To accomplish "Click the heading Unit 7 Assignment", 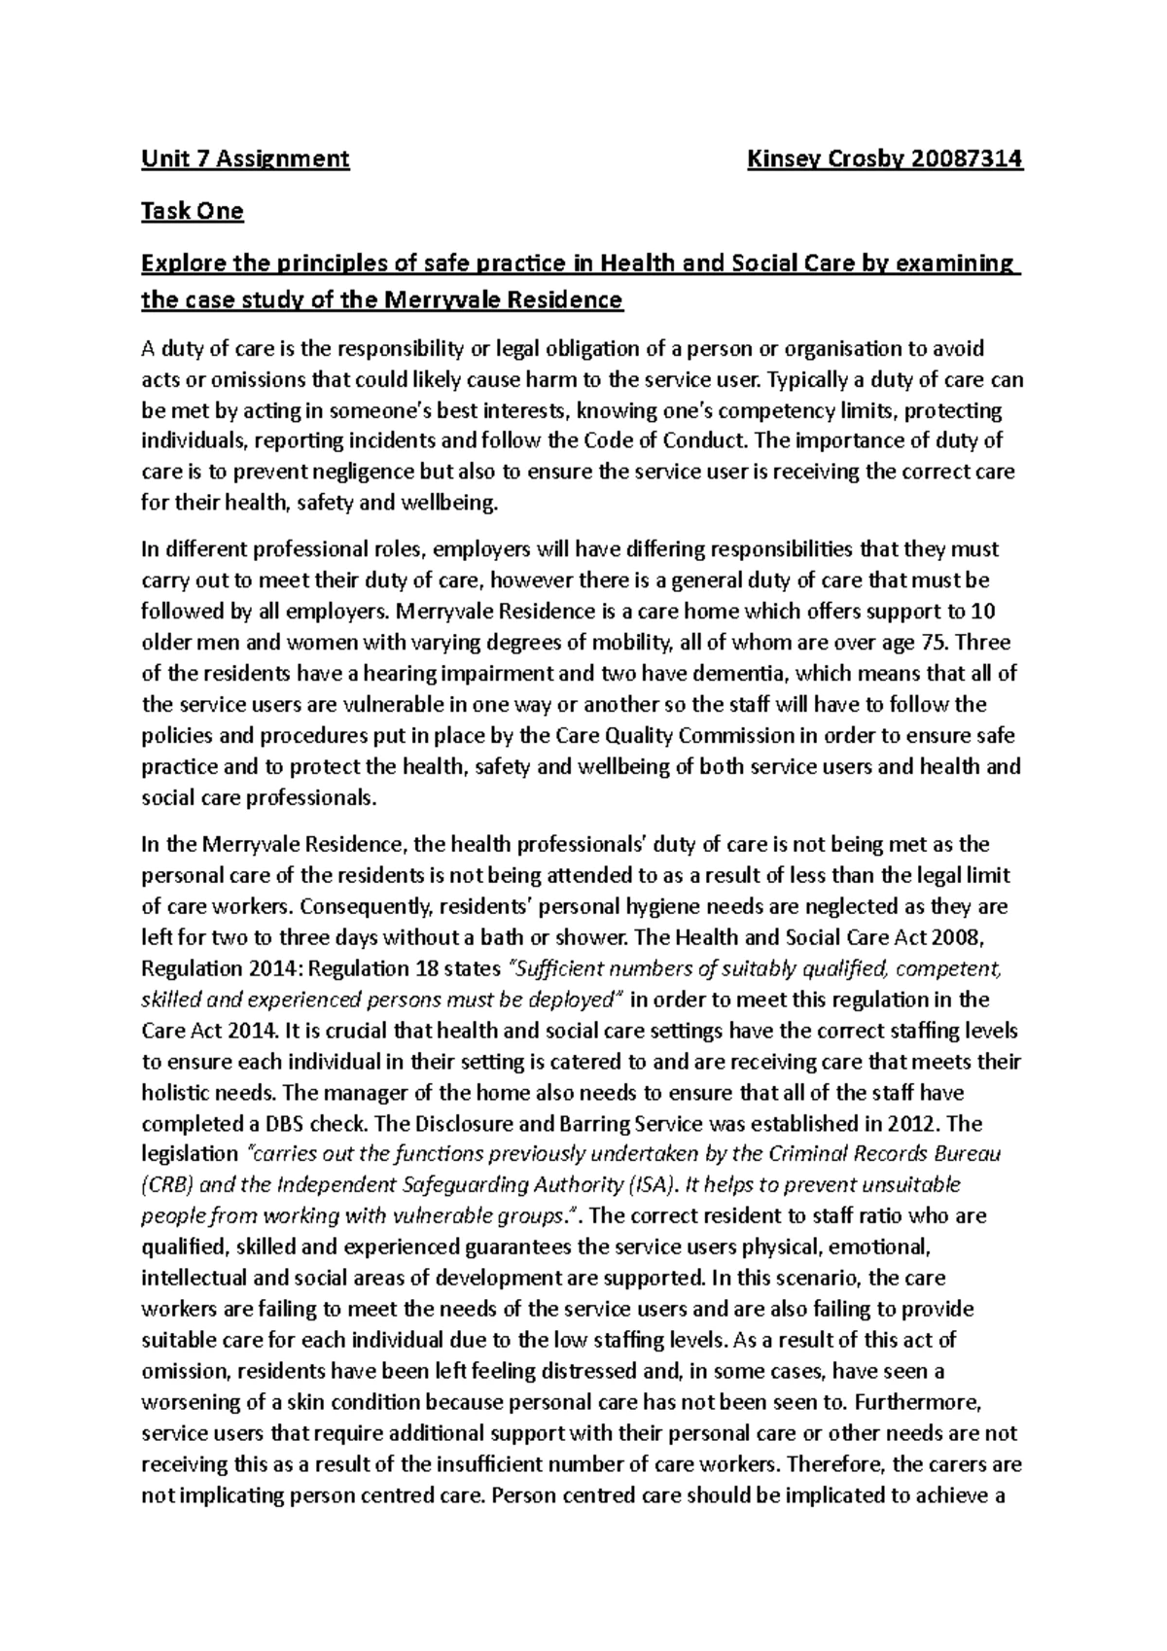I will click(245, 158).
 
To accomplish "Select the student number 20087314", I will click(964, 158).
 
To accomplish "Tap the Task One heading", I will click(192, 211).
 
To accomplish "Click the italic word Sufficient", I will click(557, 968).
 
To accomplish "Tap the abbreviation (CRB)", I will click(167, 1185).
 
